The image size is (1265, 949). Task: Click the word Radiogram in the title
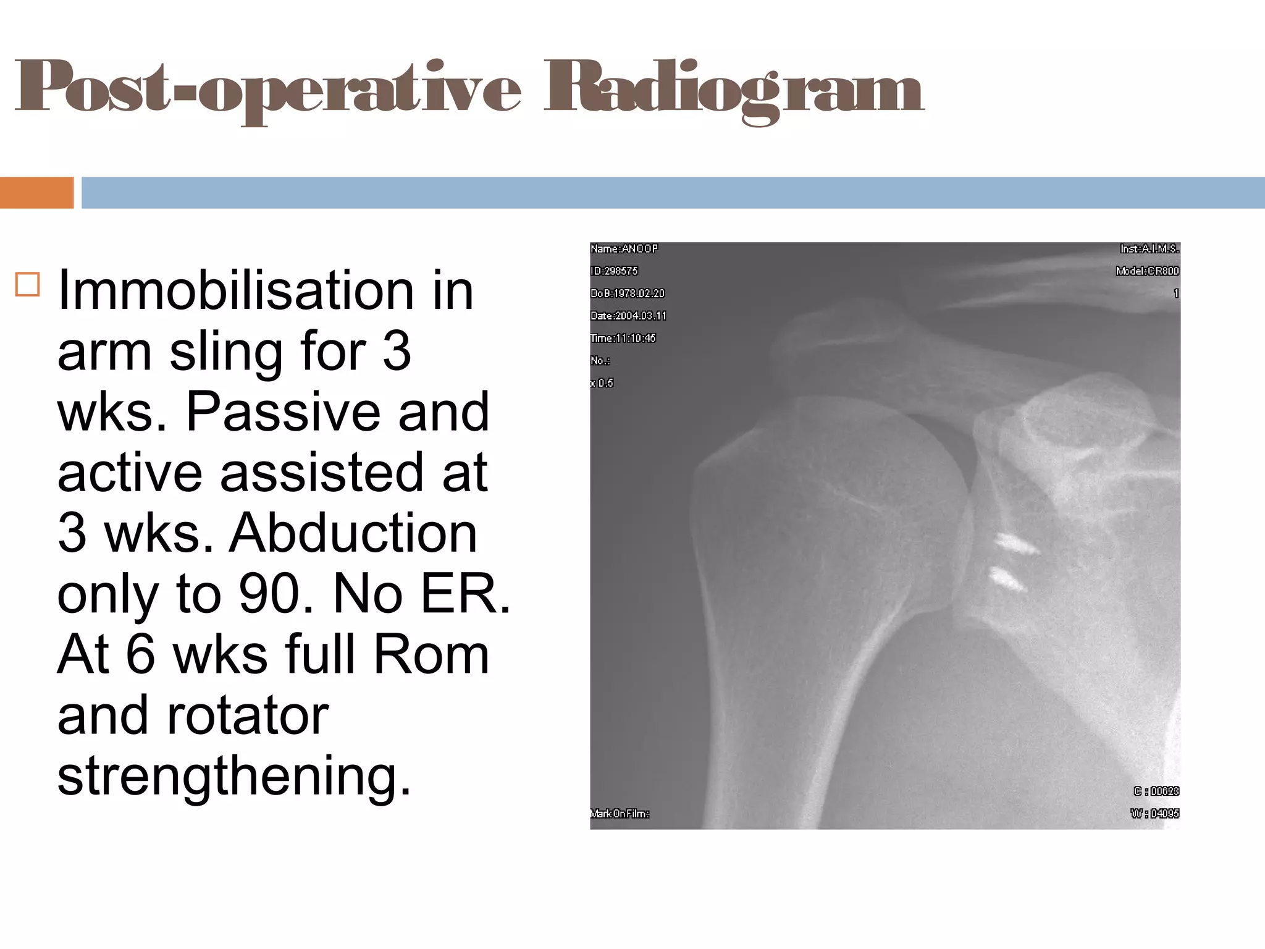(x=734, y=90)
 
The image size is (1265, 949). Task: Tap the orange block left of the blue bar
(x=36, y=193)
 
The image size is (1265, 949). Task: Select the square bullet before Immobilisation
(x=28, y=285)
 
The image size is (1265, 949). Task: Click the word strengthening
(x=234, y=776)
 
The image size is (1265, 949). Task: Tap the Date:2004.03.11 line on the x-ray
(x=628, y=316)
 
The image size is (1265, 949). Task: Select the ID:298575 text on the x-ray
(x=614, y=271)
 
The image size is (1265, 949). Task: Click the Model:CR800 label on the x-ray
(x=1147, y=271)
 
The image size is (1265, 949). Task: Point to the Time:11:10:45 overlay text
(x=623, y=338)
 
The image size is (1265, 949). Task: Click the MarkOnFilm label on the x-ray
(x=620, y=814)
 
